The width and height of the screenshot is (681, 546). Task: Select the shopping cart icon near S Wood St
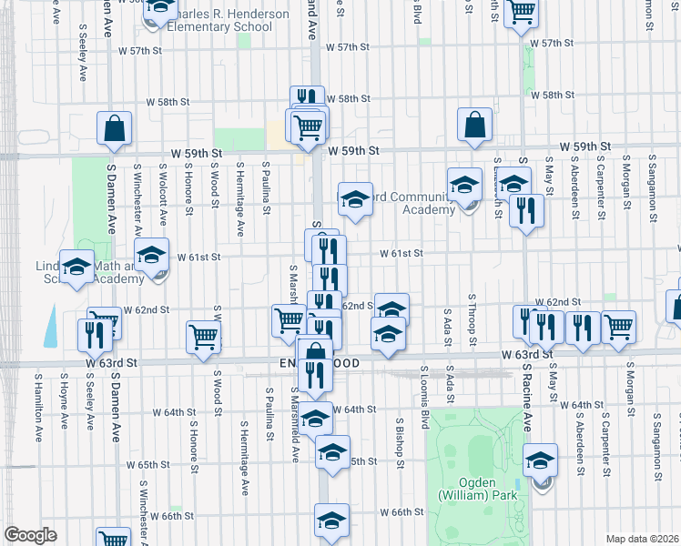pos(204,337)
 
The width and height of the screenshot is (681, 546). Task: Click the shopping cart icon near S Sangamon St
pos(619,326)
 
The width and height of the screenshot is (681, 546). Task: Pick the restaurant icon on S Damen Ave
pos(94,334)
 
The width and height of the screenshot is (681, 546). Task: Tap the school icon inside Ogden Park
pos(541,460)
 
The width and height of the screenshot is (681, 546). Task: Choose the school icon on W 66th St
pos(332,520)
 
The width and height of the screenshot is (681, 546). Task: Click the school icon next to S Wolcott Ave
pos(151,253)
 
